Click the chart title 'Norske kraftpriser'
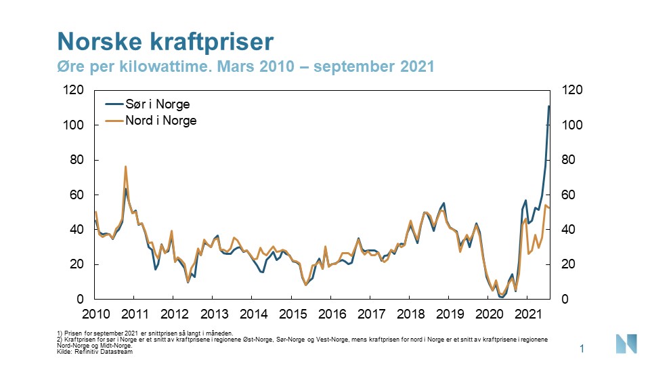(x=165, y=41)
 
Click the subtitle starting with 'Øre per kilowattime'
(x=244, y=67)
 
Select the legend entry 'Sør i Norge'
(x=157, y=104)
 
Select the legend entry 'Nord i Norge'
(x=160, y=121)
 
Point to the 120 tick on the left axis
(x=74, y=90)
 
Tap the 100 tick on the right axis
(x=567, y=125)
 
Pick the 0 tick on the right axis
(x=561, y=300)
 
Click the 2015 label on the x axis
(x=292, y=314)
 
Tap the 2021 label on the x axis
(x=528, y=314)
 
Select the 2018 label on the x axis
(x=410, y=314)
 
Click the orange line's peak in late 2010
(x=125, y=166)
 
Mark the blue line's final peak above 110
(x=549, y=106)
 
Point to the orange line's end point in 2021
(x=549, y=207)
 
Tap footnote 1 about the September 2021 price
(x=146, y=333)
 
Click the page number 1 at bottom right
(x=582, y=348)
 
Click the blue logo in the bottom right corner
(x=626, y=344)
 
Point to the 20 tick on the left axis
(x=77, y=264)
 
